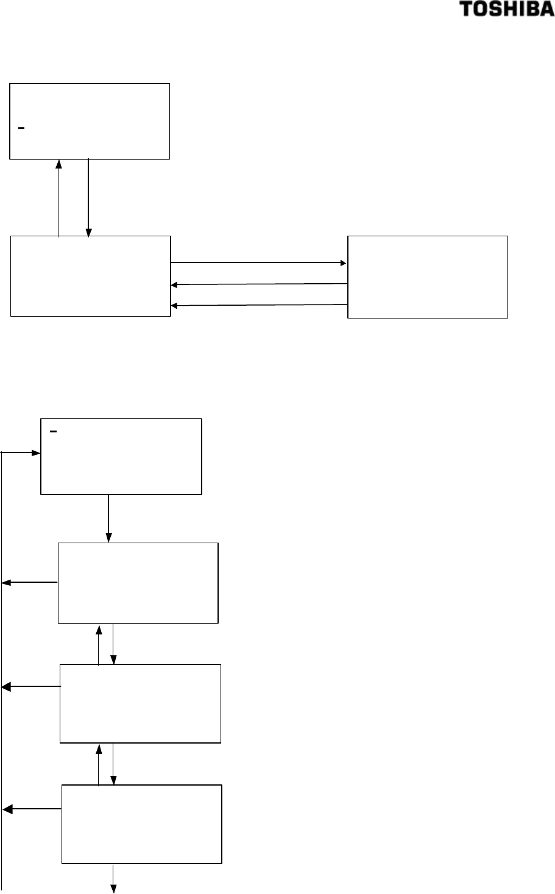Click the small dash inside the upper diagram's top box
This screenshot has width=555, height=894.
pyautogui.click(x=21, y=128)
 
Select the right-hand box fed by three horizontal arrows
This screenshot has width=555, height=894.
pyautogui.click(x=427, y=276)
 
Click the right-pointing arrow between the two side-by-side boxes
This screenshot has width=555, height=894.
pyautogui.click(x=259, y=262)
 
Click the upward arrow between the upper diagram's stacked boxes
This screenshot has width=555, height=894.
pyautogui.click(x=58, y=198)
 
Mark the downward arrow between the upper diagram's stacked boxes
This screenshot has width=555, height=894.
pyautogui.click(x=89, y=198)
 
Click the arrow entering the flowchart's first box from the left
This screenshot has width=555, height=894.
pyautogui.click(x=22, y=452)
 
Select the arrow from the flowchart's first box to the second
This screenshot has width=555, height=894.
pyautogui.click(x=108, y=518)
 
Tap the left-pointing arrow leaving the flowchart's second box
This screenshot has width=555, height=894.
pyautogui.click(x=30, y=583)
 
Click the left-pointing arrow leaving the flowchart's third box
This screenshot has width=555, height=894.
pyautogui.click(x=31, y=687)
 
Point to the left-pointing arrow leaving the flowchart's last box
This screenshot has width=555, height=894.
pyautogui.click(x=32, y=809)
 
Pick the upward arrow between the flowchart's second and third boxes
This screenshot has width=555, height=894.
pyautogui.click(x=99, y=644)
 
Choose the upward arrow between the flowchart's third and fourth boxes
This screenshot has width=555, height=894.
pyautogui.click(x=99, y=764)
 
